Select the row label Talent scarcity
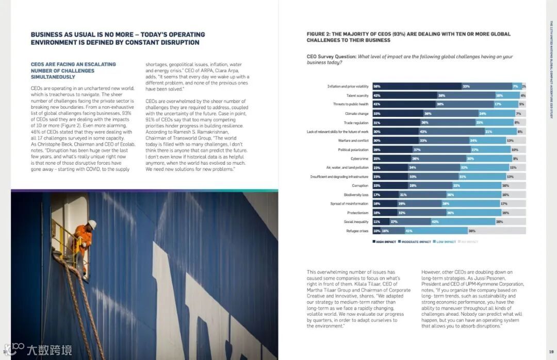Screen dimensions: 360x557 tap(357, 95)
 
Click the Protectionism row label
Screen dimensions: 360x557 tap(357, 213)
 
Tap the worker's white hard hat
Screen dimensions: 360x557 tap(92, 224)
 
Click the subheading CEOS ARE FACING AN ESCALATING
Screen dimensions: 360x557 tap(73, 64)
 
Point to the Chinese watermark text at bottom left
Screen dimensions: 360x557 tap(50, 350)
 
